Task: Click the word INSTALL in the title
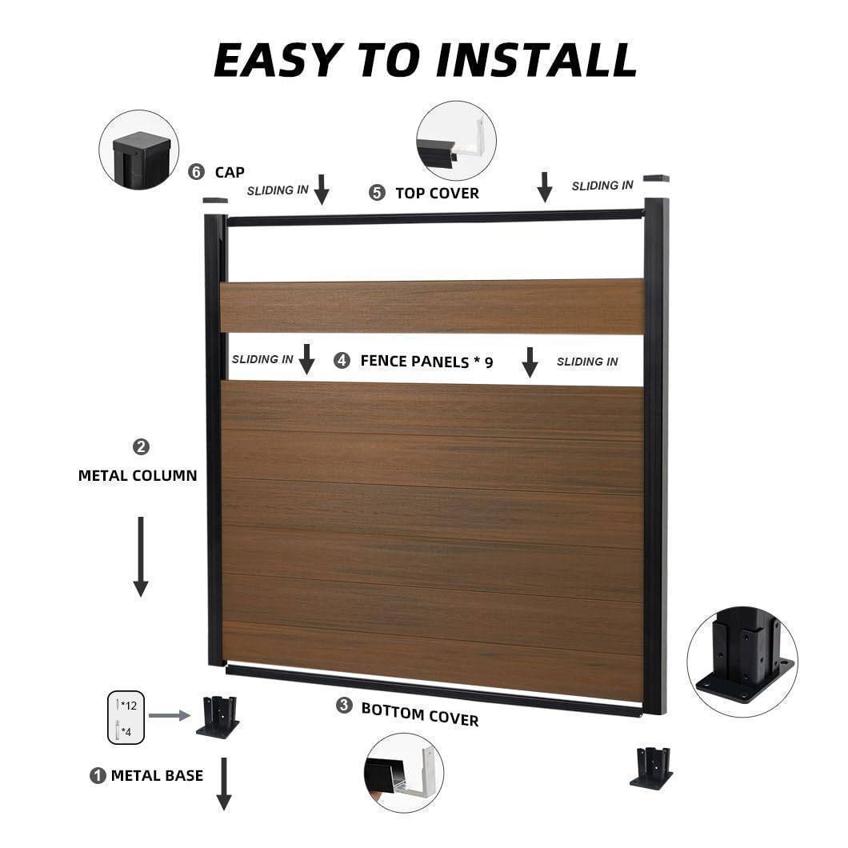(536, 59)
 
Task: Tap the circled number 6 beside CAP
(196, 172)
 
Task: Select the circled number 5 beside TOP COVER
(377, 193)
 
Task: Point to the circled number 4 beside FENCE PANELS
(342, 360)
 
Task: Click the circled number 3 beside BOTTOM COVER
(344, 706)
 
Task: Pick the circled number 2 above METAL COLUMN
(141, 446)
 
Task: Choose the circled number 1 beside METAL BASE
(98, 775)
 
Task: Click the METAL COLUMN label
(138, 475)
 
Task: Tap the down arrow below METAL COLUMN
(141, 557)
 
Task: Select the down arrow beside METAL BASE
(224, 784)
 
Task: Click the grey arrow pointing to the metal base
(170, 715)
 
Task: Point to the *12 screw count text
(129, 706)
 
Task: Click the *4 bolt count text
(126, 732)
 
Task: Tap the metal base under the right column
(652, 768)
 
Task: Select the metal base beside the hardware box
(218, 717)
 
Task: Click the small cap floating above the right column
(656, 178)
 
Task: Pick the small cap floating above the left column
(215, 200)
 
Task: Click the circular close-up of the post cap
(139, 150)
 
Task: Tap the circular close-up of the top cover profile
(456, 141)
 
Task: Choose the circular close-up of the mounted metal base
(742, 662)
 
